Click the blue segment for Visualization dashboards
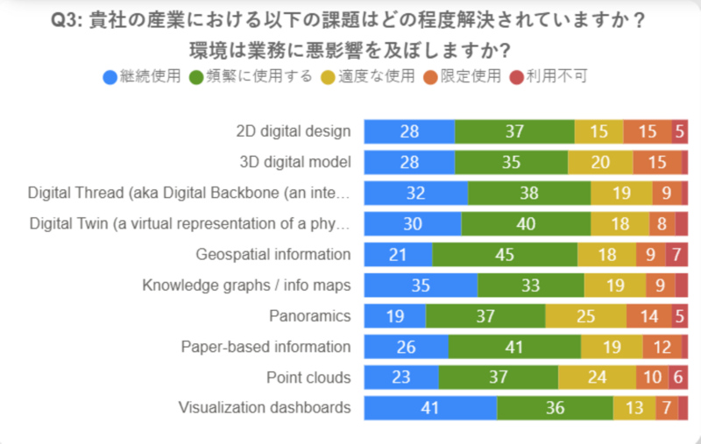(x=430, y=407)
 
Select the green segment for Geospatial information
(x=505, y=254)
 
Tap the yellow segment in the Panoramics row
(x=585, y=315)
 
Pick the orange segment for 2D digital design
(x=648, y=131)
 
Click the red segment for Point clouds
(x=679, y=377)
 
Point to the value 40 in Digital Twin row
(x=526, y=223)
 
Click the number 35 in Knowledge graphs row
(x=421, y=285)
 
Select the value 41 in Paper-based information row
(x=513, y=346)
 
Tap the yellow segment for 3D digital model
(x=600, y=162)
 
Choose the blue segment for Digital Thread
(x=415, y=193)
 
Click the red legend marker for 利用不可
(x=517, y=76)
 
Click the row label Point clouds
(x=308, y=377)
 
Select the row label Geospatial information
(x=273, y=254)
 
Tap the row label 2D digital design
(x=294, y=131)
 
